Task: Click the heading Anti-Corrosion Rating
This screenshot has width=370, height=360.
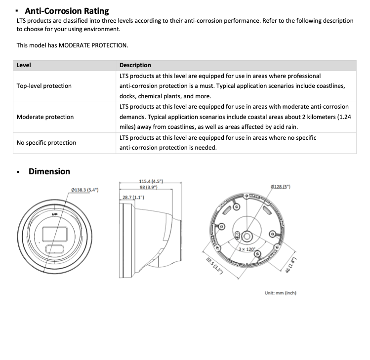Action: tap(67, 10)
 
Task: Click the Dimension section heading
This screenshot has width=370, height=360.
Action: tap(49, 171)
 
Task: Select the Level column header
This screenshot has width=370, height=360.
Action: tap(24, 65)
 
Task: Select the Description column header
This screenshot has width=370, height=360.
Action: tap(135, 65)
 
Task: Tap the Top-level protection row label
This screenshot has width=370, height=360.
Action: tap(44, 86)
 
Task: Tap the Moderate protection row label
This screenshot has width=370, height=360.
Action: tap(45, 117)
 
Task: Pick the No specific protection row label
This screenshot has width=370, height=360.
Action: tap(46, 143)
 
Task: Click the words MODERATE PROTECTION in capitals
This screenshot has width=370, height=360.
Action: tap(93, 45)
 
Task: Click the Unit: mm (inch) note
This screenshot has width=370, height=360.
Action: tap(280, 293)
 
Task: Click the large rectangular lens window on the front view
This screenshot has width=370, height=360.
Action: tap(53, 234)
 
